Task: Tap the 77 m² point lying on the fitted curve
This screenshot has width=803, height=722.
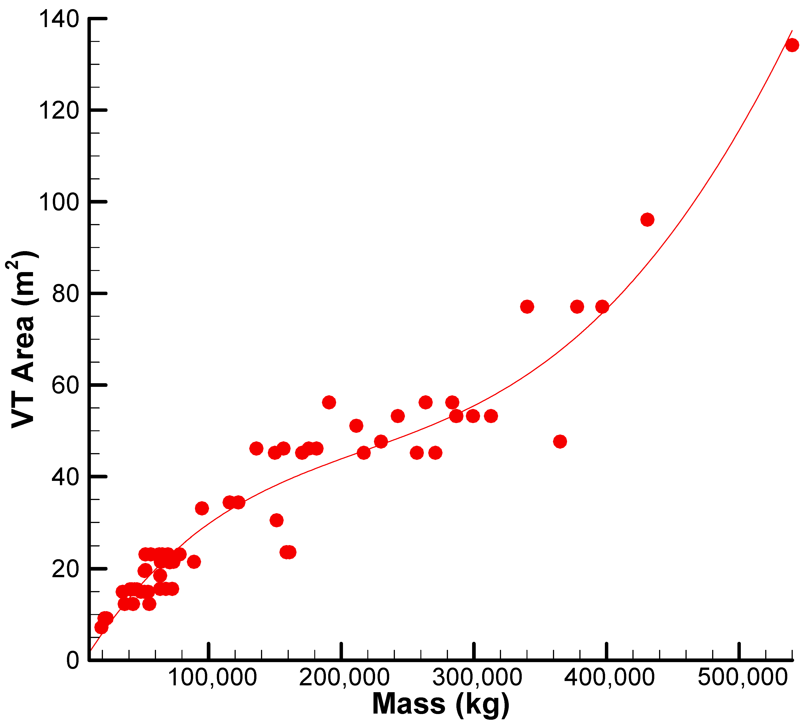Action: [602, 307]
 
